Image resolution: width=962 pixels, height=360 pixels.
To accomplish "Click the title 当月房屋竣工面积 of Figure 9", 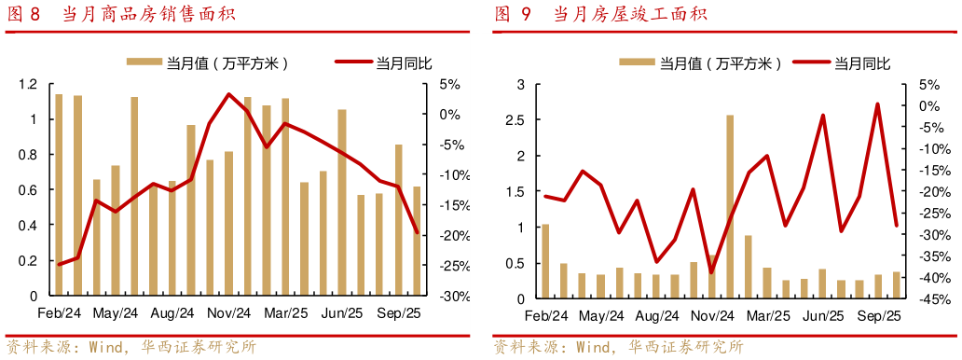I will [630, 14].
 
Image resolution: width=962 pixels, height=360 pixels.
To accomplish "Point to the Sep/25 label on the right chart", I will [878, 316].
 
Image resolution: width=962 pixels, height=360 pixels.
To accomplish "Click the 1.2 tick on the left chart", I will [28, 84].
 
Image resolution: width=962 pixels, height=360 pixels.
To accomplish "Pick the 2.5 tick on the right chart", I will [515, 119].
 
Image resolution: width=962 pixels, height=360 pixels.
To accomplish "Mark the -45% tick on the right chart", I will [928, 299].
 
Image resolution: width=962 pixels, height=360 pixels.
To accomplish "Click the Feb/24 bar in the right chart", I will [545, 262].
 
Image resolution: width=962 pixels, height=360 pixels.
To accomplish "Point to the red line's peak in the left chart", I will [228, 94].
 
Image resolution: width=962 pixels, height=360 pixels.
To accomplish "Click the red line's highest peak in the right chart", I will [877, 104].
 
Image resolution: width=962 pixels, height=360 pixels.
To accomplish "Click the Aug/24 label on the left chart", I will [172, 312].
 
